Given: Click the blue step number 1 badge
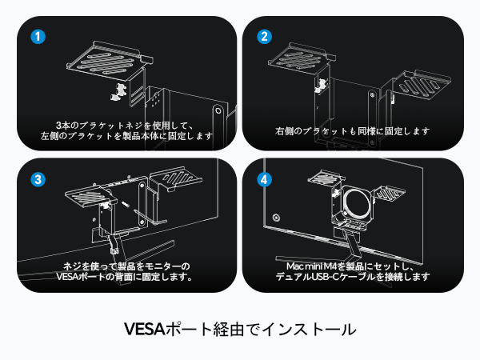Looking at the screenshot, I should (37, 37).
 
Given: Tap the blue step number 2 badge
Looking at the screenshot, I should (264, 37).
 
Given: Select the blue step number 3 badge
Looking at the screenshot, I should (37, 178).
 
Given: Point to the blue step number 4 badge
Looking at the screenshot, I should (264, 178).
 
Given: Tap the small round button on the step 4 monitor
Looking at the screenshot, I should (275, 216).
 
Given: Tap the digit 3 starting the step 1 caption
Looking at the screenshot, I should (58, 125).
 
